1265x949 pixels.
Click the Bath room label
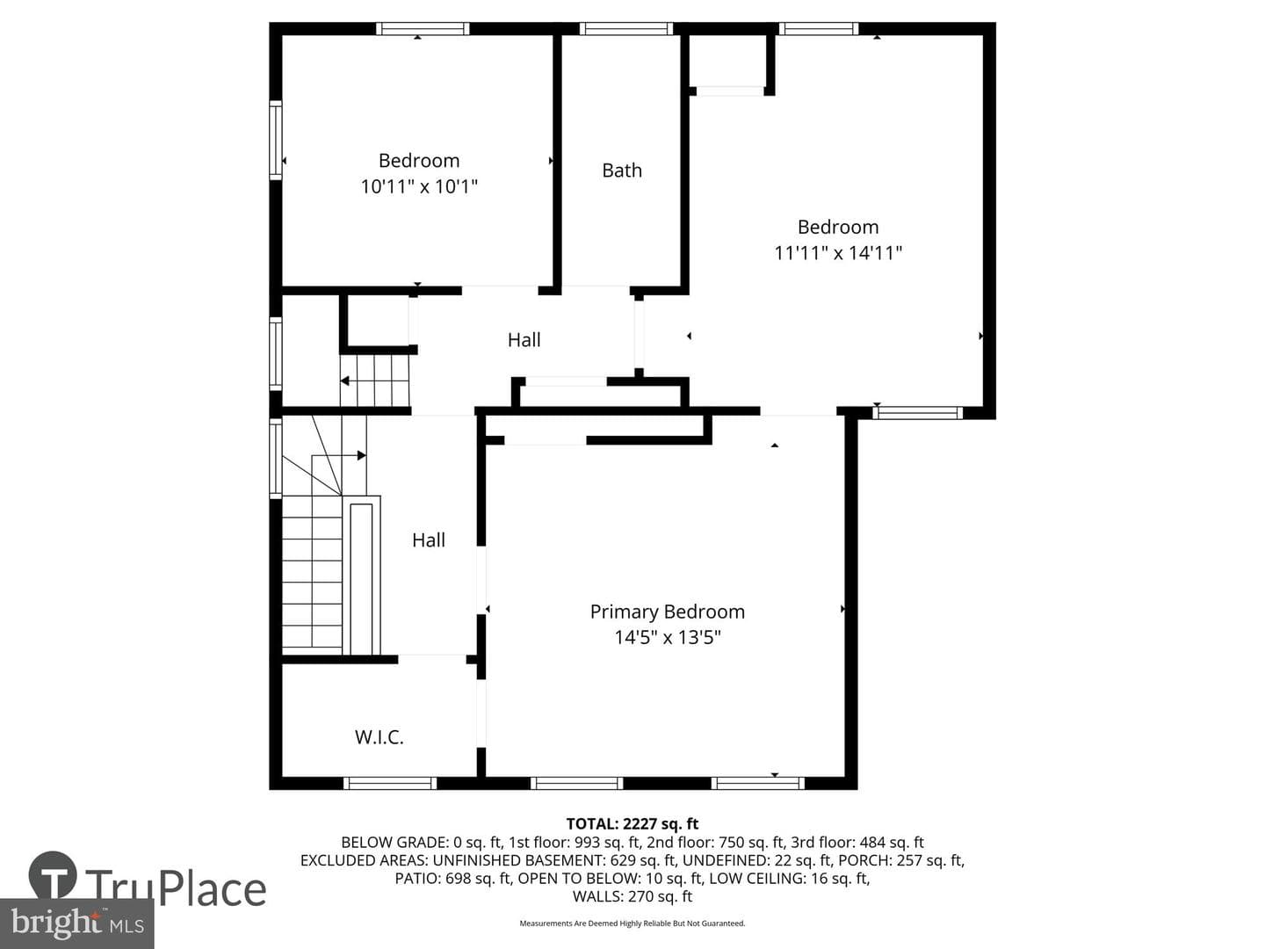click(621, 170)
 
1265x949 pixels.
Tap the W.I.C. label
click(379, 737)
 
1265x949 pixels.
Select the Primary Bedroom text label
click(667, 612)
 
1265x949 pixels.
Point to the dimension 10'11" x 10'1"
click(419, 186)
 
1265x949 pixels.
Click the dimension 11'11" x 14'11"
click(837, 253)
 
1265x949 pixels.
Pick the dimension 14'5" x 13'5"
click(667, 637)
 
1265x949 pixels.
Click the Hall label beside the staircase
click(428, 540)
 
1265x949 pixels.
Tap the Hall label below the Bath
click(524, 340)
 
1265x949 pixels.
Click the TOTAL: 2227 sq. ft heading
click(632, 824)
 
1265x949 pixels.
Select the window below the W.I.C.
click(389, 783)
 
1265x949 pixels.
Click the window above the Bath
click(625, 29)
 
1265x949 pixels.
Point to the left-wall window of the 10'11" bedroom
click(276, 140)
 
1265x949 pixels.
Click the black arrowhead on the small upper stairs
click(344, 380)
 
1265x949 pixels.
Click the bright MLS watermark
click(76, 923)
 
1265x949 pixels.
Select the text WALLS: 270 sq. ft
click(632, 896)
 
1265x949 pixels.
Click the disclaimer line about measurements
click(632, 923)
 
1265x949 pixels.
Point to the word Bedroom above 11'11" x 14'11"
click(838, 227)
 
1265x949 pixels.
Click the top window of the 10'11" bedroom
click(423, 29)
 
